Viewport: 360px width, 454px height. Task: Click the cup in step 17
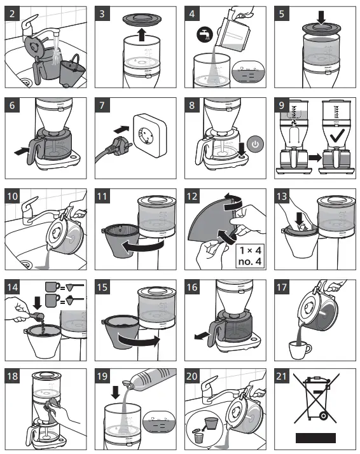pyautogui.click(x=300, y=348)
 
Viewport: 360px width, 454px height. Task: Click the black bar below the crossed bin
pyautogui.click(x=315, y=438)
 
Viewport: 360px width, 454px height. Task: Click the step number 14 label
pyautogui.click(x=14, y=287)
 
